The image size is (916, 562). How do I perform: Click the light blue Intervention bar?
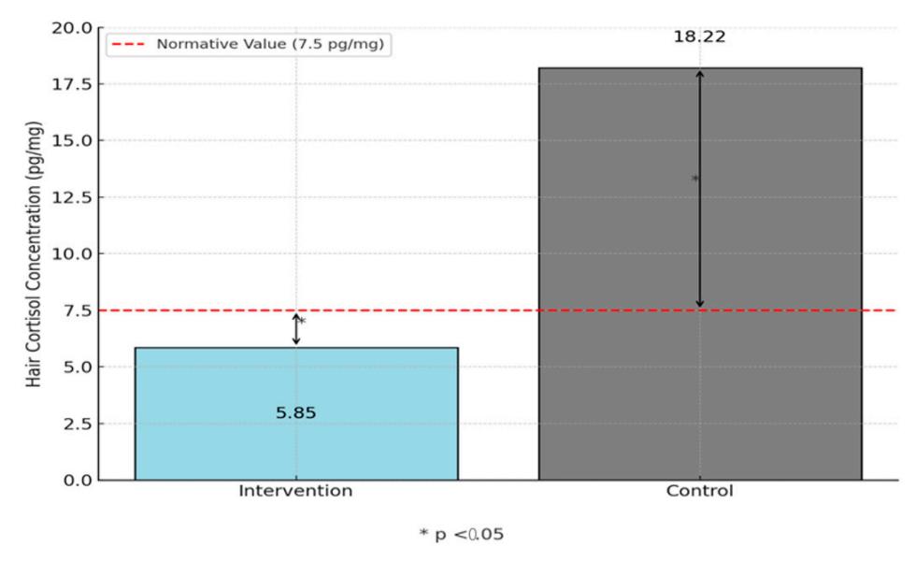(296, 413)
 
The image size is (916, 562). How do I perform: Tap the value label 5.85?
(296, 413)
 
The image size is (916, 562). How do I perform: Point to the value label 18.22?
(699, 36)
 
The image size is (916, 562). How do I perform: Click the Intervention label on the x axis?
(295, 491)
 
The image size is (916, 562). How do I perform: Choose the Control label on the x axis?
(699, 491)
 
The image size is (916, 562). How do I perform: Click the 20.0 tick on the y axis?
(72, 28)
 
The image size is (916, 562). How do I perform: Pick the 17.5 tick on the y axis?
(72, 85)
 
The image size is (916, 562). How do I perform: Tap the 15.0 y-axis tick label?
(72, 141)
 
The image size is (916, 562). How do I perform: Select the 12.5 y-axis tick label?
(72, 197)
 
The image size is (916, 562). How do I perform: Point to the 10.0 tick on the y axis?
(72, 254)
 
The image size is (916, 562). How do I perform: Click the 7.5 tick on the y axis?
(78, 310)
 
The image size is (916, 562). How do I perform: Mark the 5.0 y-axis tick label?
(78, 367)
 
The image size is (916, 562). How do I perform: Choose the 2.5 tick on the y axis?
(78, 424)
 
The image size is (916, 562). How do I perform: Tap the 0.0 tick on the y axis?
(78, 481)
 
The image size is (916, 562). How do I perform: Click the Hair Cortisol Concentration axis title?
(34, 254)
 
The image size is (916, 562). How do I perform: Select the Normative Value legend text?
(270, 44)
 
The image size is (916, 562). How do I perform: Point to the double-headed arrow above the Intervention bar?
(296, 329)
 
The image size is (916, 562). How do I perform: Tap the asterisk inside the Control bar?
(694, 179)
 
